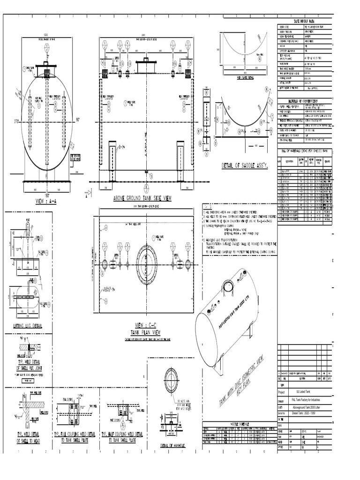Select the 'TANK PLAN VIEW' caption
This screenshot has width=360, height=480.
[x=148, y=332]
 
